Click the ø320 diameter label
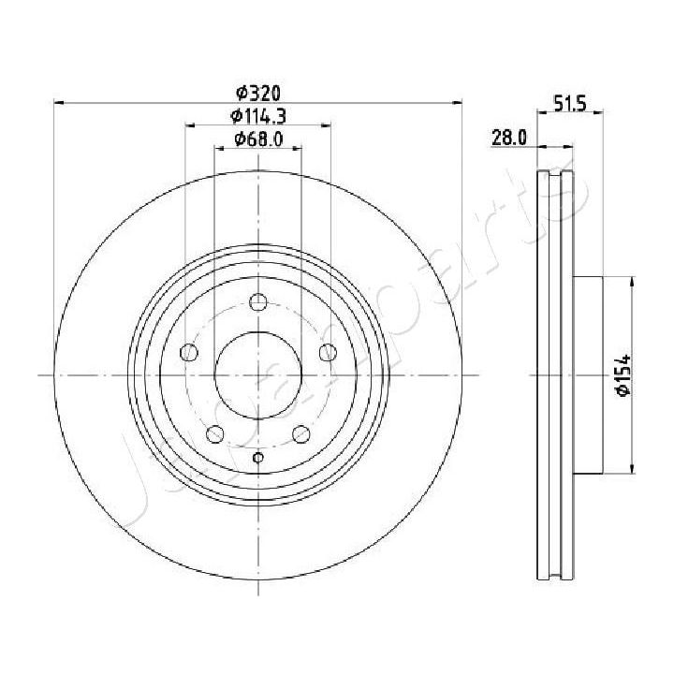tap(258, 92)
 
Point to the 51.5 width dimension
tap(568, 105)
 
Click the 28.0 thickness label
tap(510, 139)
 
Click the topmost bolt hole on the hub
tap(258, 302)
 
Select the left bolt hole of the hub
tap(190, 352)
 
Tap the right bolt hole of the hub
tap(328, 352)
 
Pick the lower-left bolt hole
tap(215, 433)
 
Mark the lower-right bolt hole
tap(301, 433)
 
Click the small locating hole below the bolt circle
tap(258, 458)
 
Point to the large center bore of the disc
tap(258, 374)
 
